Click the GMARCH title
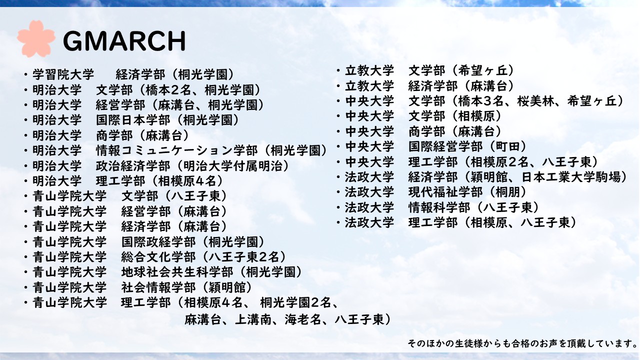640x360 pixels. (124, 41)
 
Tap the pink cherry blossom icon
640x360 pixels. (35, 38)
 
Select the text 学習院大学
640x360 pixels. (63, 75)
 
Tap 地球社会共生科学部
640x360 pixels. (177, 272)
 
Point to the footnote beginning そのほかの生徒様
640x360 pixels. (522, 343)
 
